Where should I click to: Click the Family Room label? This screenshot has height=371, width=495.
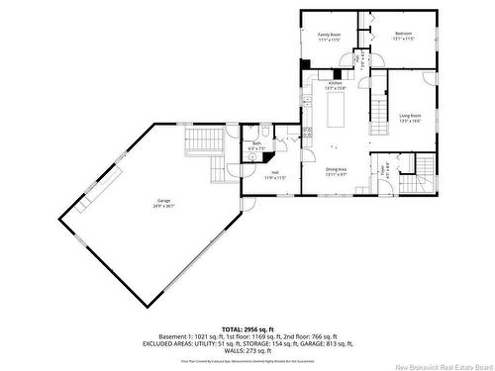(x=329, y=34)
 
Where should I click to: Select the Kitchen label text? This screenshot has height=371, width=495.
(x=336, y=83)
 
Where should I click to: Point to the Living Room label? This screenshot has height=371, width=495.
(x=410, y=116)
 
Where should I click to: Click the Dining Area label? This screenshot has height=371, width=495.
(x=336, y=169)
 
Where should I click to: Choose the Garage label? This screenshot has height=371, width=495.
(x=161, y=201)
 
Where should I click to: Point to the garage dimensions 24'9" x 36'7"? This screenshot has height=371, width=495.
(x=161, y=206)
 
